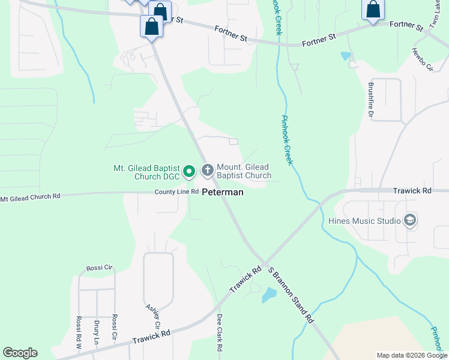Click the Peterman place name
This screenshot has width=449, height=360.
point(222,193)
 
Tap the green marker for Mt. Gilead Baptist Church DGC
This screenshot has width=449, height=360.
point(189,172)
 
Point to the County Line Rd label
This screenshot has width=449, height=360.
point(176,191)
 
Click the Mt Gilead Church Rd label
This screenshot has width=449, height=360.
point(31,197)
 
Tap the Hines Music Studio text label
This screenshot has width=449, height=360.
point(364,220)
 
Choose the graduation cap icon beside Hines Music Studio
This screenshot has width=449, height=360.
point(411,220)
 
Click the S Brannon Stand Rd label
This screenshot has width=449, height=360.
point(291,295)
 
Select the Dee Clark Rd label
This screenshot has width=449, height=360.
point(220,332)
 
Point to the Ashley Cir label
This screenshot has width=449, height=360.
point(153,316)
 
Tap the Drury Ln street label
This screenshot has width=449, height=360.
point(96,332)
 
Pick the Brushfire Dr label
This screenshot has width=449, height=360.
point(371,99)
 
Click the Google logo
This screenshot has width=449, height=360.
point(20,353)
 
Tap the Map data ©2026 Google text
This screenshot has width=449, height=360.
point(411,355)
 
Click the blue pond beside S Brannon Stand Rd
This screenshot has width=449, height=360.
point(269,294)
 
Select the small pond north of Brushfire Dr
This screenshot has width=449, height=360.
point(345,56)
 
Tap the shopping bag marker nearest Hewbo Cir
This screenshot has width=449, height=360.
point(372,10)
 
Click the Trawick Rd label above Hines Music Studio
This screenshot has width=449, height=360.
point(412,191)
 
